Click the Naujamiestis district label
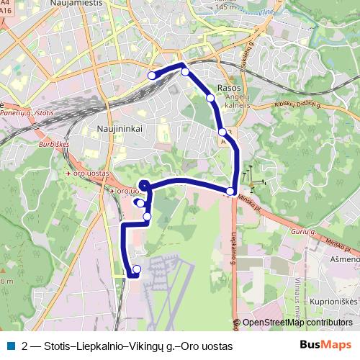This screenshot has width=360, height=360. tap(77, 4)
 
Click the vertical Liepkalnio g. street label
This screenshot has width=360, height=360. tap(234, 249)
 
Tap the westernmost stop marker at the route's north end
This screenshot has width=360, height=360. tap(151, 76)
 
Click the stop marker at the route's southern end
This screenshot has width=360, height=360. tap(137, 269)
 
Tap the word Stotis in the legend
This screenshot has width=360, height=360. tap(59, 346)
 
